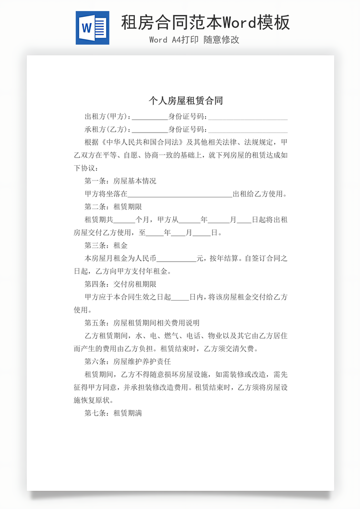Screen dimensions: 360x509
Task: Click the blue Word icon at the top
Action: pyautogui.click(x=92, y=28)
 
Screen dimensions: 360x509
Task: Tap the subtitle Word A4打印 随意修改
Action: pyautogui.click(x=194, y=40)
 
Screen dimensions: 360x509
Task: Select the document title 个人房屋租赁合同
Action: pyautogui.click(x=186, y=101)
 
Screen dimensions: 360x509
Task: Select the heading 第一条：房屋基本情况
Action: pyautogui.click(x=120, y=182)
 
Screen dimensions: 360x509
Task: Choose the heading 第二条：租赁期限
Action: pyautogui.click(x=113, y=207)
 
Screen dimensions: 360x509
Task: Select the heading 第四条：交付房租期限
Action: pyautogui.click(x=120, y=284)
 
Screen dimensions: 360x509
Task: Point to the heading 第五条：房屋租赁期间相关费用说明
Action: pyautogui.click(x=142, y=323)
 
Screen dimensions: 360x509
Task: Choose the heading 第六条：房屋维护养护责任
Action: pyautogui.click(x=128, y=362)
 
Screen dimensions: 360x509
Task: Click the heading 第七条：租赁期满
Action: pyautogui.click(x=113, y=413)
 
